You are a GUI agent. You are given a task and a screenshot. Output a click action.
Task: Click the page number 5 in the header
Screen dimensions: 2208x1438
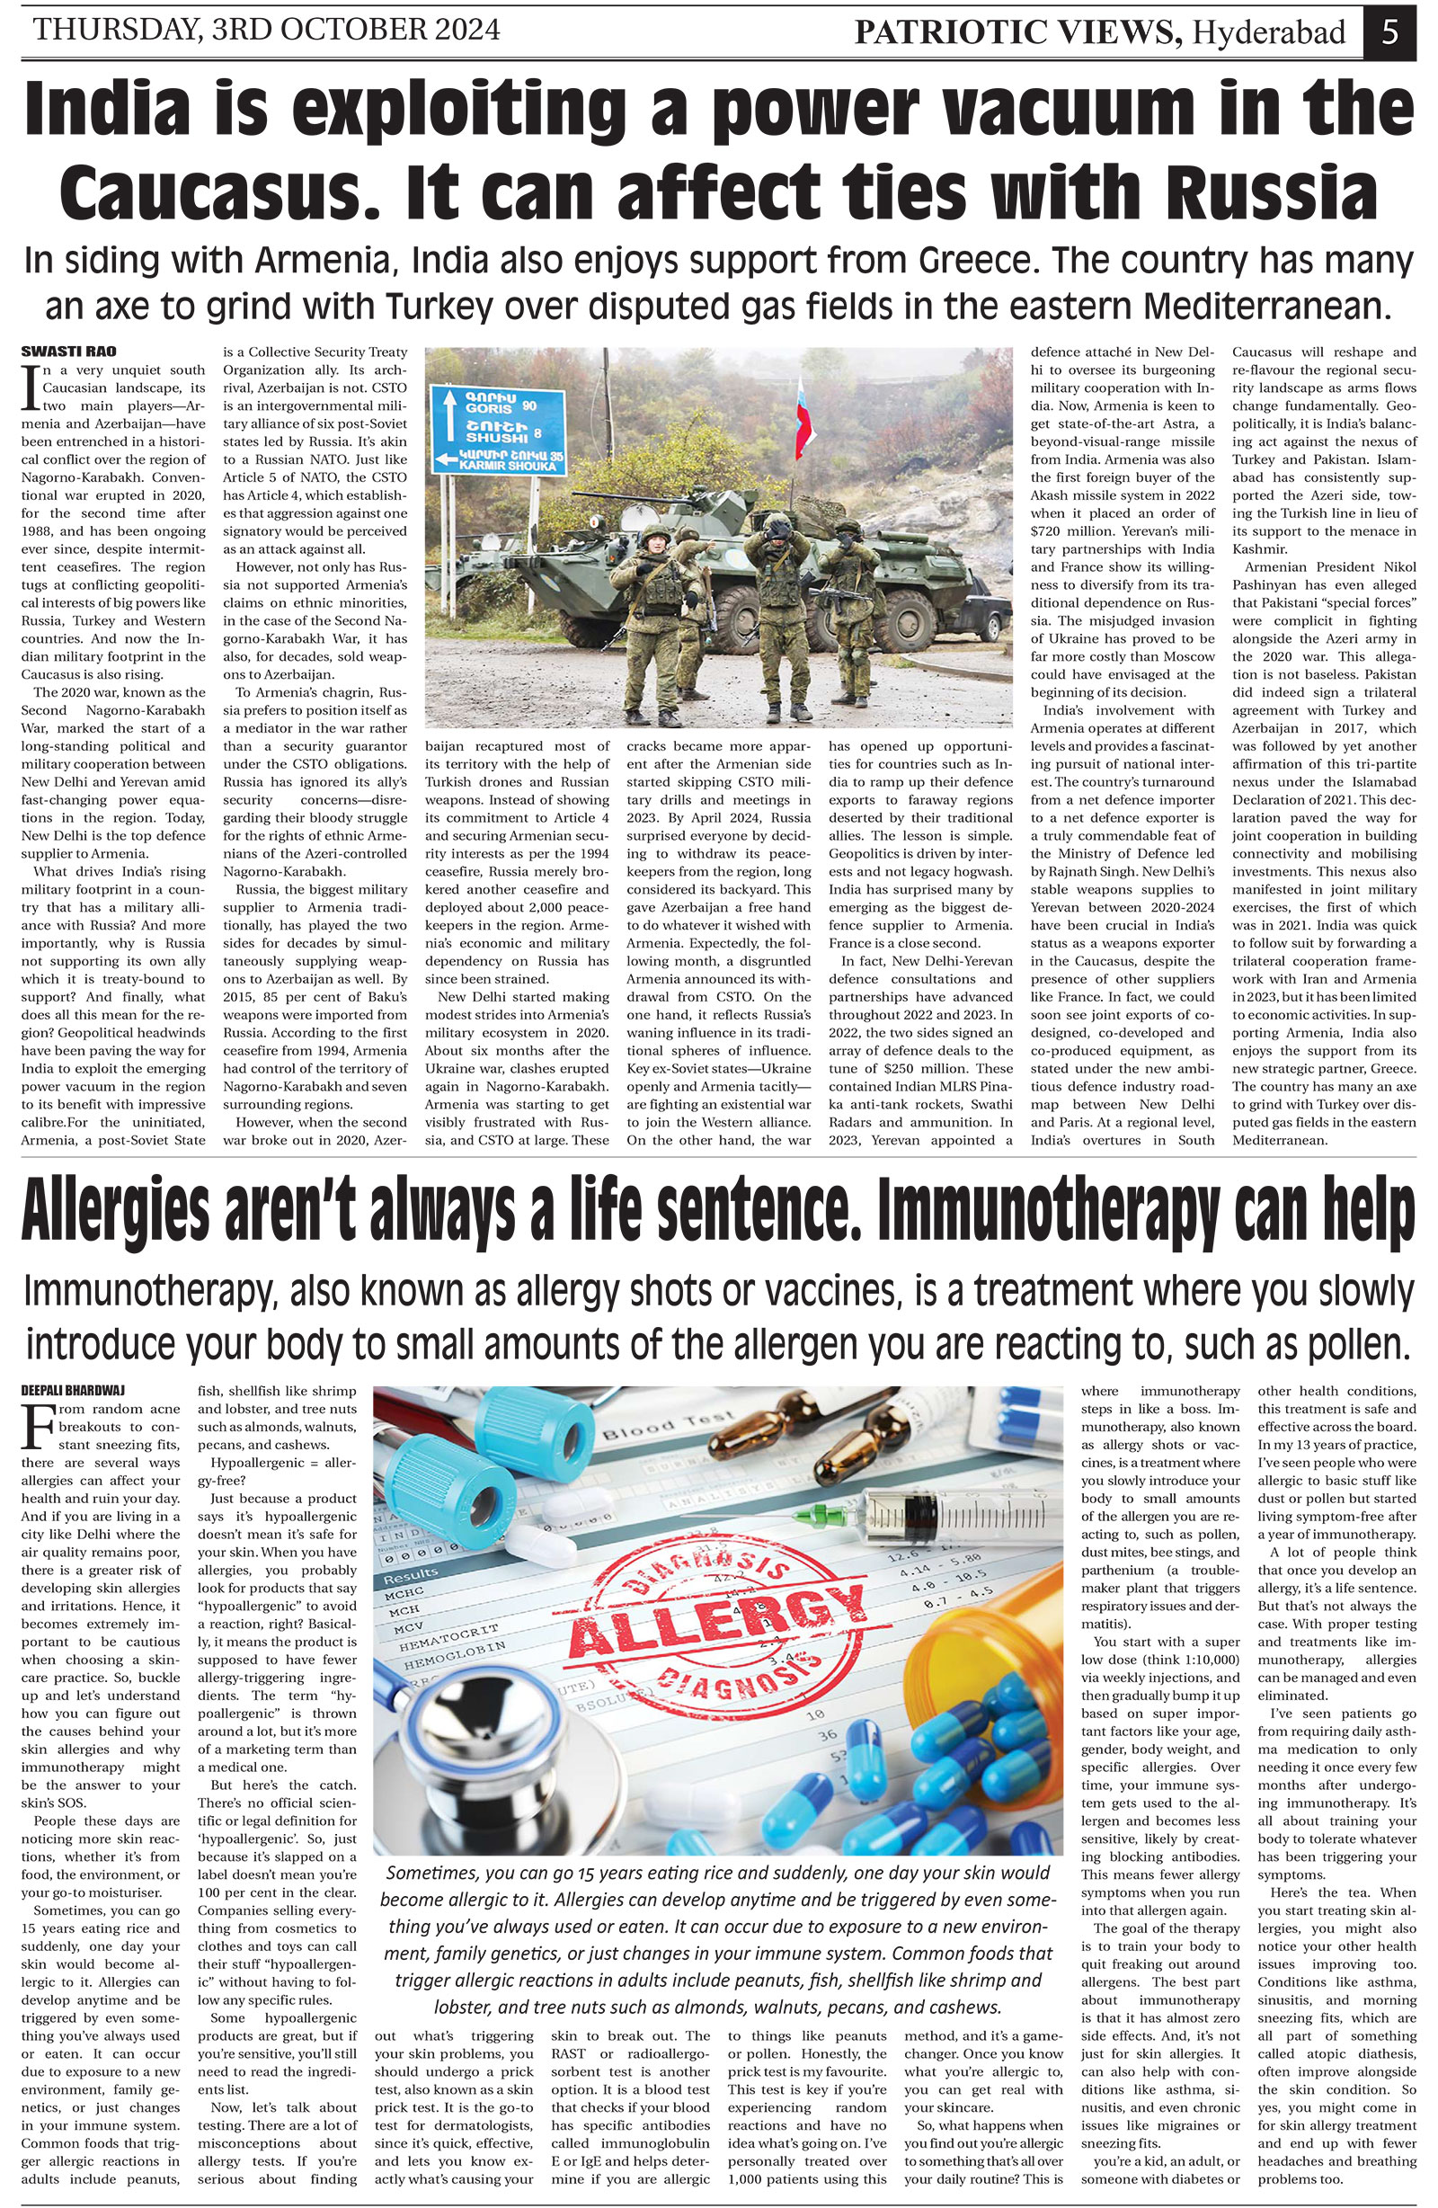[x=1389, y=33]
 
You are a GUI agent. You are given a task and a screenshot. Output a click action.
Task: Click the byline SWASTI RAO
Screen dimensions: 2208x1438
[x=52, y=352]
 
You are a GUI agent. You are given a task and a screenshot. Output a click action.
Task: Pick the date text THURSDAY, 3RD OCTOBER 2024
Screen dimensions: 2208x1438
[x=267, y=31]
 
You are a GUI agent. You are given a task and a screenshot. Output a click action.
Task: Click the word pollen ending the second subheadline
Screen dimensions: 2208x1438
[x=1354, y=1344]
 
